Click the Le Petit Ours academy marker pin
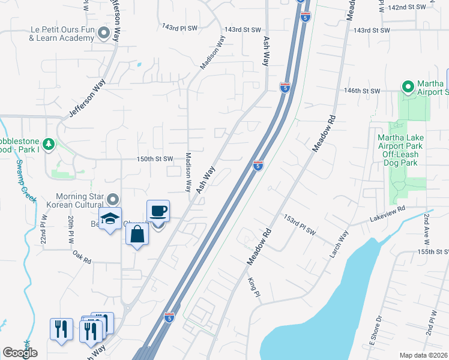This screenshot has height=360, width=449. (x=105, y=34)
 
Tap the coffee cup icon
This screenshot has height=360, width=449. (x=158, y=211)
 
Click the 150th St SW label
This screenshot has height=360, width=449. (x=155, y=159)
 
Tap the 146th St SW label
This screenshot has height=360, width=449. (x=362, y=91)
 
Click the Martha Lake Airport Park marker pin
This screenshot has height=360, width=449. (x=408, y=88)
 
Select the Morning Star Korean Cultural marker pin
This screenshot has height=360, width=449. (x=112, y=199)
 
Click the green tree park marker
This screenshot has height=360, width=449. (x=48, y=144)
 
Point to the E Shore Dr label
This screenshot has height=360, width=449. (x=374, y=329)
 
